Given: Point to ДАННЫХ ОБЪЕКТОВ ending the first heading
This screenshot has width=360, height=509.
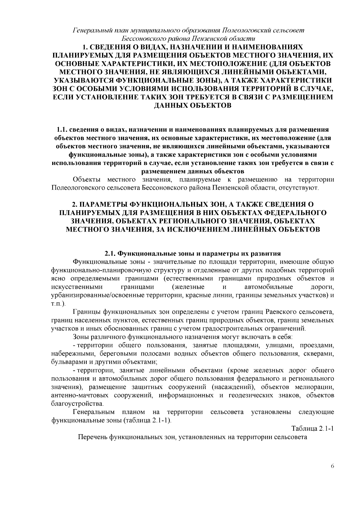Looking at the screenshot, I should (192, 106).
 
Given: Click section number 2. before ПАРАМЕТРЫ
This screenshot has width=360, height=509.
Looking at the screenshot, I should (75, 205).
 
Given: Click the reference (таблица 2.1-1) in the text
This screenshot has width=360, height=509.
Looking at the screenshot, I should (147, 420).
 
